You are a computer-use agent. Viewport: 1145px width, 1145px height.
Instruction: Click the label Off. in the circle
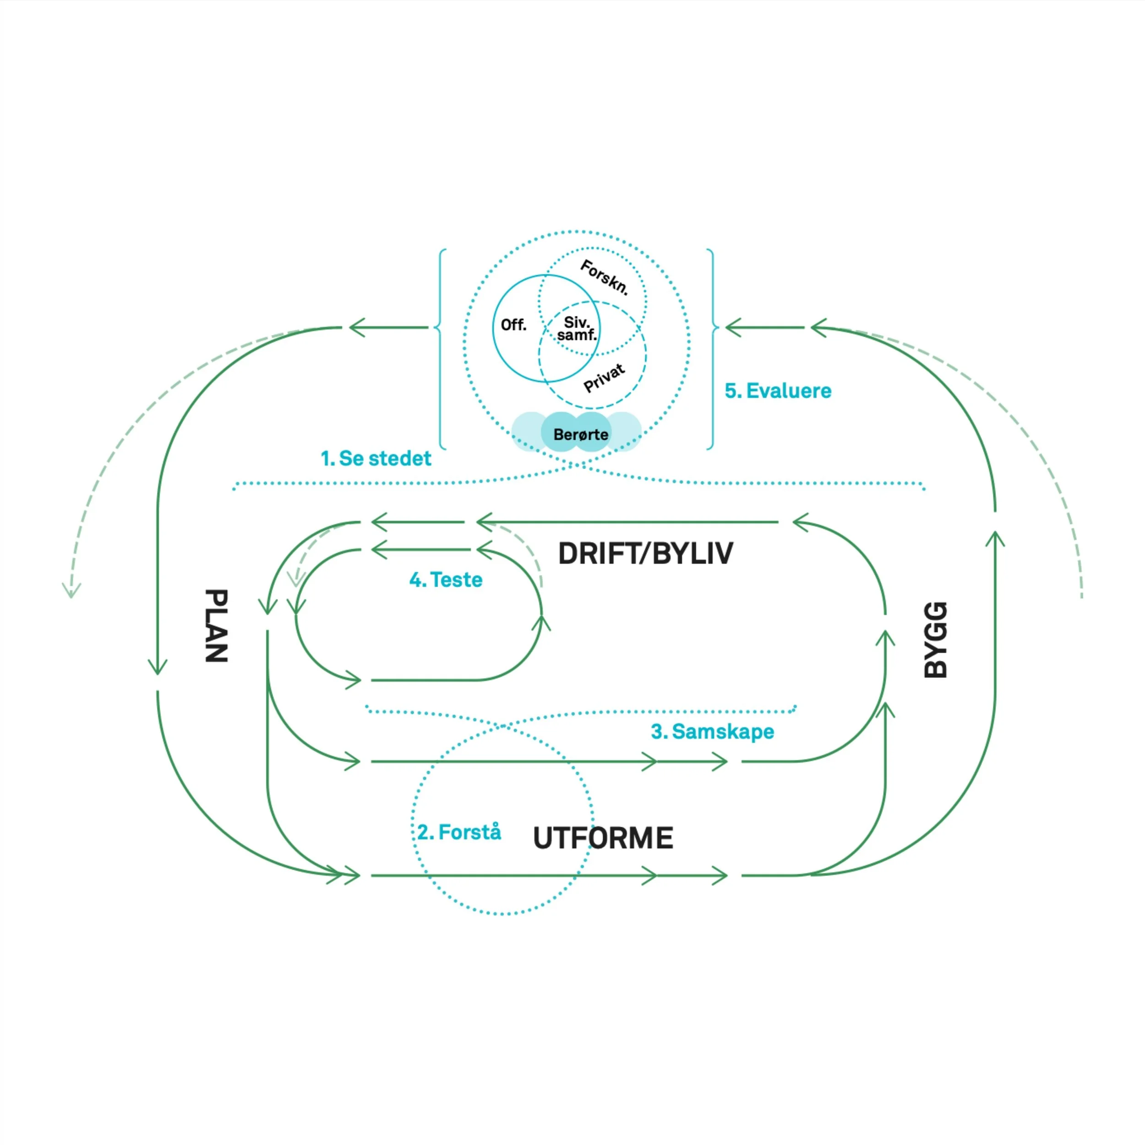(x=513, y=325)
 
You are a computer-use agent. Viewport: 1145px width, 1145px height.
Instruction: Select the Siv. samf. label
(x=577, y=328)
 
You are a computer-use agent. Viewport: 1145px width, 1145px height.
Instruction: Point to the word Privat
(x=604, y=377)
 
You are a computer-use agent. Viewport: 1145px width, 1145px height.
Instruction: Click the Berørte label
(x=580, y=434)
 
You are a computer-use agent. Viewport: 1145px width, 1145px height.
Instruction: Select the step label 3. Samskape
(x=712, y=731)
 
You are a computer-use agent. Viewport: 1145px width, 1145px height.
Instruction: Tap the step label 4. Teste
(x=446, y=580)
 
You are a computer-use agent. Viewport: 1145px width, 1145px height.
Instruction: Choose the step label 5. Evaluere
(x=778, y=391)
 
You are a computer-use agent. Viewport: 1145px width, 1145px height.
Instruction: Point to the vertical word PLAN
(x=216, y=625)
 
